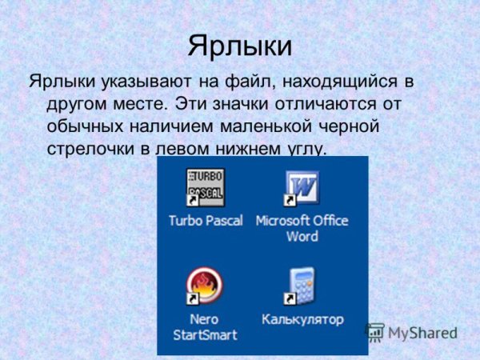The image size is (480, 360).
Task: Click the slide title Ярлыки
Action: [x=239, y=45]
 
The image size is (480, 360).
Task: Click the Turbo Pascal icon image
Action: [x=205, y=187]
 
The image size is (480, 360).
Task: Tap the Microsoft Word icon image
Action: [x=302, y=187]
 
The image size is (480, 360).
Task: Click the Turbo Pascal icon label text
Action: [x=206, y=221]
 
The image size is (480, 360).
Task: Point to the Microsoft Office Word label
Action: [x=302, y=228]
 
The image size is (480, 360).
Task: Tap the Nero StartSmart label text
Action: [x=206, y=326]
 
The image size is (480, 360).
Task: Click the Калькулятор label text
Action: [x=302, y=319]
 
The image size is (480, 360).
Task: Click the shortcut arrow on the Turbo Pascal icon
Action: [x=192, y=200]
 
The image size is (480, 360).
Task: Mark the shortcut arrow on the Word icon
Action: [x=290, y=200]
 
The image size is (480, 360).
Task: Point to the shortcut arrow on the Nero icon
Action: [x=192, y=298]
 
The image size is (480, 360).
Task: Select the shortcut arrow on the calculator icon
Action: [x=290, y=298]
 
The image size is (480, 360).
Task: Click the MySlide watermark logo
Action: [x=411, y=332]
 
